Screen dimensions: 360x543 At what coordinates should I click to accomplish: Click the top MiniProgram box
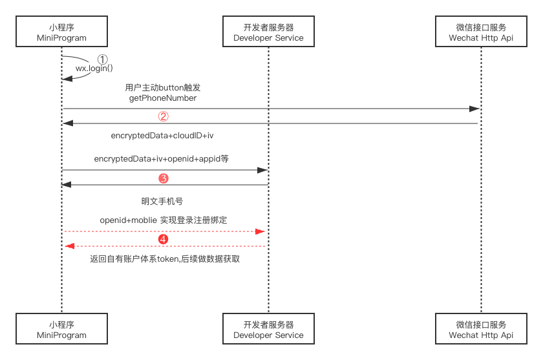(61, 33)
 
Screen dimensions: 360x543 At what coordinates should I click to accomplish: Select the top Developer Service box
(268, 33)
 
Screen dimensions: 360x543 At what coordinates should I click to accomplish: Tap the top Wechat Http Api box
(481, 33)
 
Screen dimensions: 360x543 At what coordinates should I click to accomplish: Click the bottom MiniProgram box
(61, 330)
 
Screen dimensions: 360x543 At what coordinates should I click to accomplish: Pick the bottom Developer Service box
(268, 330)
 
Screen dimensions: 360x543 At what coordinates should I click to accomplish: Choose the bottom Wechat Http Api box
(481, 330)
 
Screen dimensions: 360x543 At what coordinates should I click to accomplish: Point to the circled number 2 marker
(164, 117)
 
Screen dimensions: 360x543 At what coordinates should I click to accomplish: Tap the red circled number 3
(164, 178)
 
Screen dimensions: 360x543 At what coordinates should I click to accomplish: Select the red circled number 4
(164, 239)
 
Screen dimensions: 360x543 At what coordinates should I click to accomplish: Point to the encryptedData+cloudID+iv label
(162, 136)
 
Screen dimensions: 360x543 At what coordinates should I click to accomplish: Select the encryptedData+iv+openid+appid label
(162, 158)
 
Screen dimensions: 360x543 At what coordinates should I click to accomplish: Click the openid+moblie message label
(164, 220)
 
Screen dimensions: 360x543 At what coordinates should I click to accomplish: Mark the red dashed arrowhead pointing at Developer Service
(261, 231)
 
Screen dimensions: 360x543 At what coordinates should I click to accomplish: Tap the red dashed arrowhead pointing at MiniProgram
(70, 246)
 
